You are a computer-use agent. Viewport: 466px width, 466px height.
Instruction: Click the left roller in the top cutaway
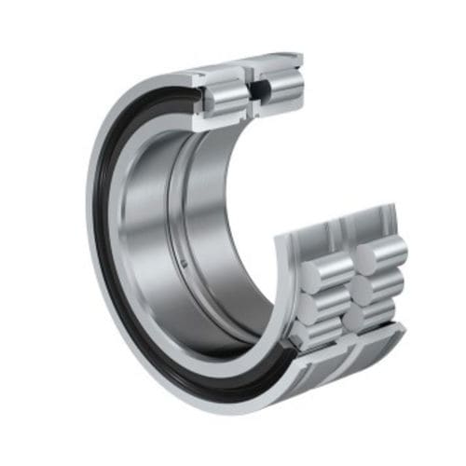point(227,91)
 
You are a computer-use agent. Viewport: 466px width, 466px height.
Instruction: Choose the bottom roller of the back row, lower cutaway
point(373,315)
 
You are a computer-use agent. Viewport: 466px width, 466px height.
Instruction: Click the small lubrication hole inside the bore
point(185,264)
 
